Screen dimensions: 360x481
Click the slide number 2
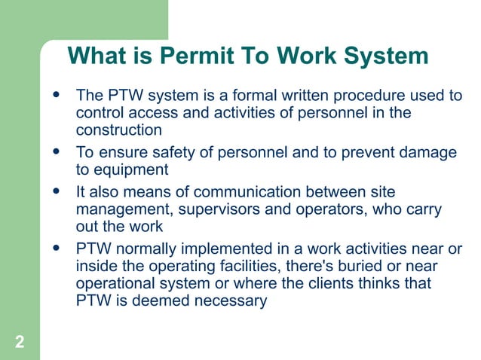19,343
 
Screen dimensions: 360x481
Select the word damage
424,153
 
